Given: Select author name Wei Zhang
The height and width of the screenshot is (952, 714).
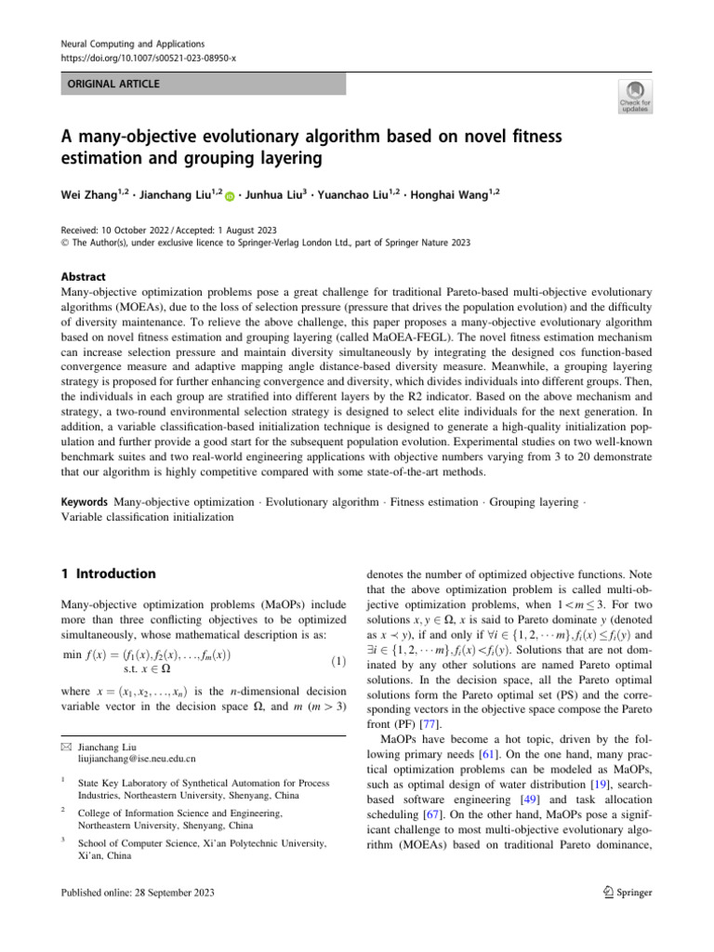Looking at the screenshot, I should (85, 195).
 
